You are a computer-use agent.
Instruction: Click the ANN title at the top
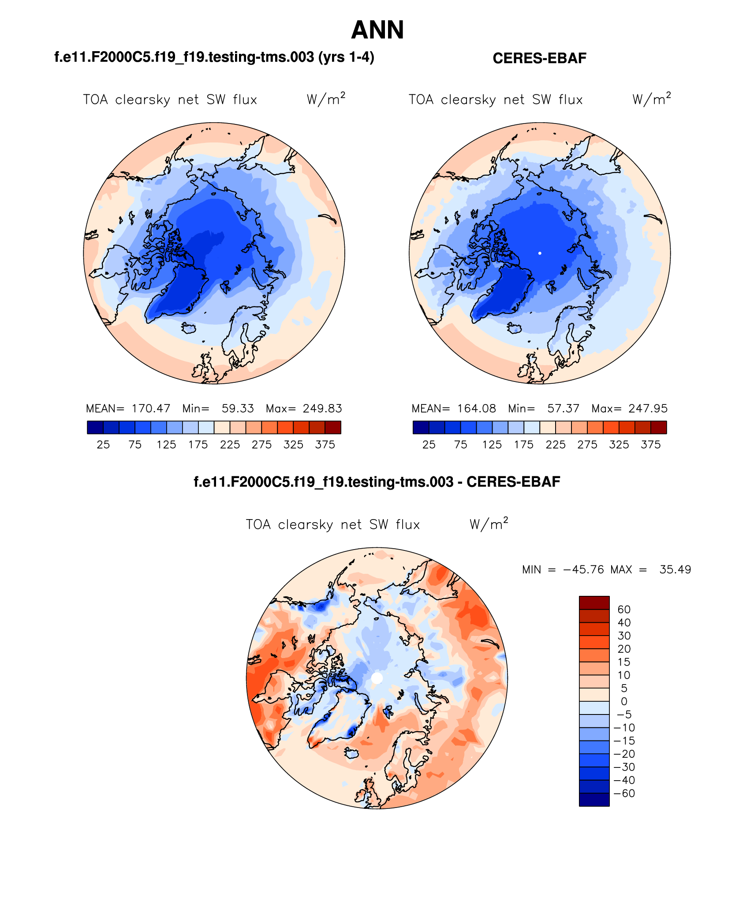[x=377, y=30]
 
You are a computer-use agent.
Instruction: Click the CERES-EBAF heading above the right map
[x=539, y=58]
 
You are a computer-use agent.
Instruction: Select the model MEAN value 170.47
[x=151, y=408]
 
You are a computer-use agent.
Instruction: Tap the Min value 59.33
[x=238, y=408]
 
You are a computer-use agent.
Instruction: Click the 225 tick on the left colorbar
[x=230, y=445]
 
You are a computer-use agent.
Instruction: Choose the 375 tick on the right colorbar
[x=650, y=445]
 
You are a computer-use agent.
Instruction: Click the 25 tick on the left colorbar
[x=103, y=445]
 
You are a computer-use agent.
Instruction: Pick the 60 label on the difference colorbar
[x=624, y=610]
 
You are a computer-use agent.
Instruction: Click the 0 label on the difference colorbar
[x=624, y=701]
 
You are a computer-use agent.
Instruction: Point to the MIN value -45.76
[x=583, y=569]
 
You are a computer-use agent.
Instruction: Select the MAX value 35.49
[x=675, y=569]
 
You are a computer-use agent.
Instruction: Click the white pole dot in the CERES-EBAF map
[x=540, y=253]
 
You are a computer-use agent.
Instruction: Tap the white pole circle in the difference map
[x=377, y=678]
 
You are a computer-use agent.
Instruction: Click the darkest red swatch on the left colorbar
[x=333, y=427]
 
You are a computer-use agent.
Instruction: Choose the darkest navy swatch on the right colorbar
[x=421, y=427]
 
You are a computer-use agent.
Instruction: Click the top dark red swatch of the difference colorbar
[x=594, y=602]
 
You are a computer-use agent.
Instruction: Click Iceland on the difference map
[x=351, y=752]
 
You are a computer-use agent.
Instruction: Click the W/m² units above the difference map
[x=489, y=524]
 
